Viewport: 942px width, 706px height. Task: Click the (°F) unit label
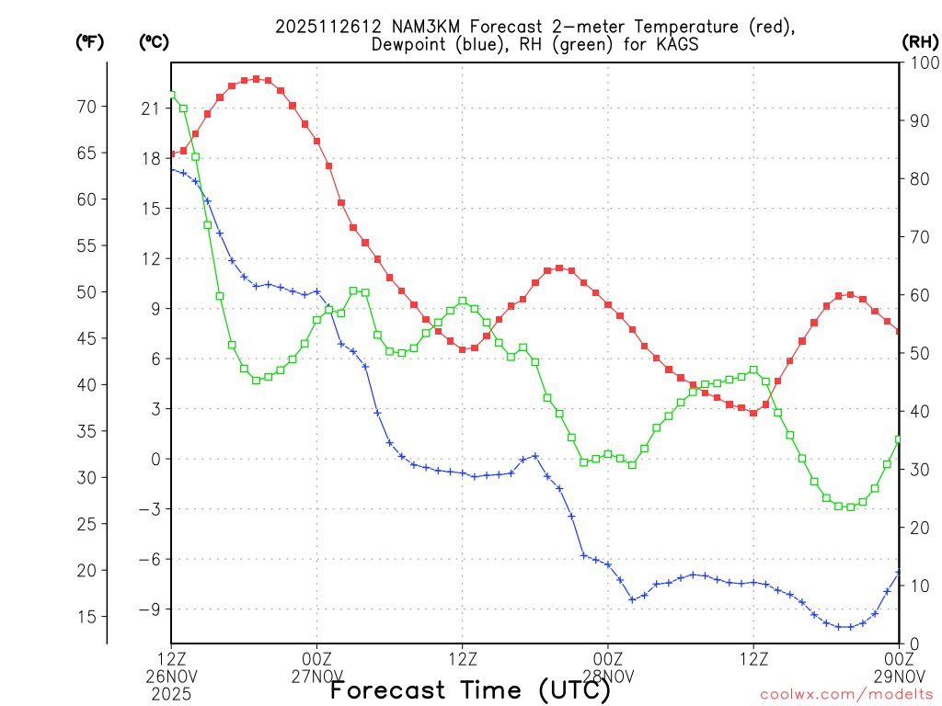[x=89, y=41]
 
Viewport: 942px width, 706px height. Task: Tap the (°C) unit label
[x=154, y=41]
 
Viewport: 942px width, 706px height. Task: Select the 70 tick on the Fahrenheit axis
[x=86, y=107]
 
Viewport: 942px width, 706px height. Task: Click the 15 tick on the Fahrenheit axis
[x=86, y=616]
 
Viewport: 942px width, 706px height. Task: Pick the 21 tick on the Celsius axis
[x=151, y=108]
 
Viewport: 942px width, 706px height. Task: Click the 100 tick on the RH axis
[x=919, y=63]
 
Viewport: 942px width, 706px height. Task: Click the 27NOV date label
[x=317, y=677]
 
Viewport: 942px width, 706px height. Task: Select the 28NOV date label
[x=609, y=677]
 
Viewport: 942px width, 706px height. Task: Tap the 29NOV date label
[x=898, y=677]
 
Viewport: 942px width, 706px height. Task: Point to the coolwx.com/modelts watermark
[x=846, y=694]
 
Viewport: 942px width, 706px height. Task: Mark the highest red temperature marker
[x=256, y=79]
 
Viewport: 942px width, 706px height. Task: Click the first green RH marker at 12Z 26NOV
[x=171, y=95]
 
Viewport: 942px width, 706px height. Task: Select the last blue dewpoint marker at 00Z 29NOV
[x=899, y=573]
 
